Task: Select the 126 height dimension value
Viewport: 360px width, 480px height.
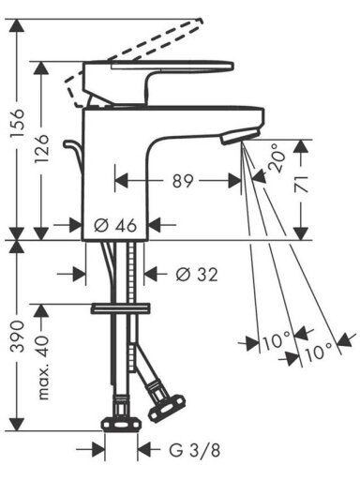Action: (x=41, y=149)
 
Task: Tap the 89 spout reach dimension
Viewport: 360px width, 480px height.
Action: (x=183, y=181)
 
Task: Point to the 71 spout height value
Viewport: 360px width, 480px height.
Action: (x=301, y=184)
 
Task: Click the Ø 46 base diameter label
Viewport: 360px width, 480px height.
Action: (x=115, y=225)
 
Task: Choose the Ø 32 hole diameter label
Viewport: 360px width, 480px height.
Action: (x=197, y=275)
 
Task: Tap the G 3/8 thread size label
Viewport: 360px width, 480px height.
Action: (x=195, y=450)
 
